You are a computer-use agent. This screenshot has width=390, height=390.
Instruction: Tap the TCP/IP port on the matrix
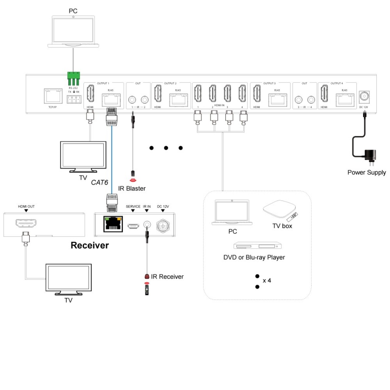pyautogui.click(x=53, y=96)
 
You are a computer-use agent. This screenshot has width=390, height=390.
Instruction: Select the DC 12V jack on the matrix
pyautogui.click(x=364, y=97)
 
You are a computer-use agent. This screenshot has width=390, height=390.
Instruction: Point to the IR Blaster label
pyautogui.click(x=132, y=188)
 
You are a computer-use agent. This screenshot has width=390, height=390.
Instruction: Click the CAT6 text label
pyautogui.click(x=99, y=183)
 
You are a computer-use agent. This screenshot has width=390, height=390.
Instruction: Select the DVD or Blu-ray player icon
pyautogui.click(x=257, y=246)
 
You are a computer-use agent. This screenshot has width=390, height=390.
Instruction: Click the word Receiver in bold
pyautogui.click(x=90, y=245)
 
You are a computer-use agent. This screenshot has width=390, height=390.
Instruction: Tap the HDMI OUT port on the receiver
pyautogui.click(x=26, y=223)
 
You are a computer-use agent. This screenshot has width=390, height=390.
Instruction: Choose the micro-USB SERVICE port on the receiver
pyautogui.click(x=133, y=226)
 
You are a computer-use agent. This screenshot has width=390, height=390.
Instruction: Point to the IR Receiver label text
pyautogui.click(x=167, y=277)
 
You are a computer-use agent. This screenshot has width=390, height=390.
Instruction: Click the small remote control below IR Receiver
pyautogui.click(x=147, y=289)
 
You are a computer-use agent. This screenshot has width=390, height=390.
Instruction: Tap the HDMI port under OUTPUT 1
pyautogui.click(x=91, y=94)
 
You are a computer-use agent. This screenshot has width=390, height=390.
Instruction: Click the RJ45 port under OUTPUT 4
pyautogui.click(x=345, y=99)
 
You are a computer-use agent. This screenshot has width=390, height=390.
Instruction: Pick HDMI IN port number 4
pyautogui.click(x=242, y=94)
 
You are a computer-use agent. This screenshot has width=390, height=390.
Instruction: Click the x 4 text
pyautogui.click(x=267, y=280)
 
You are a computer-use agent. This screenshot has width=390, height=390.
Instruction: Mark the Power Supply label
pyautogui.click(x=367, y=173)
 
